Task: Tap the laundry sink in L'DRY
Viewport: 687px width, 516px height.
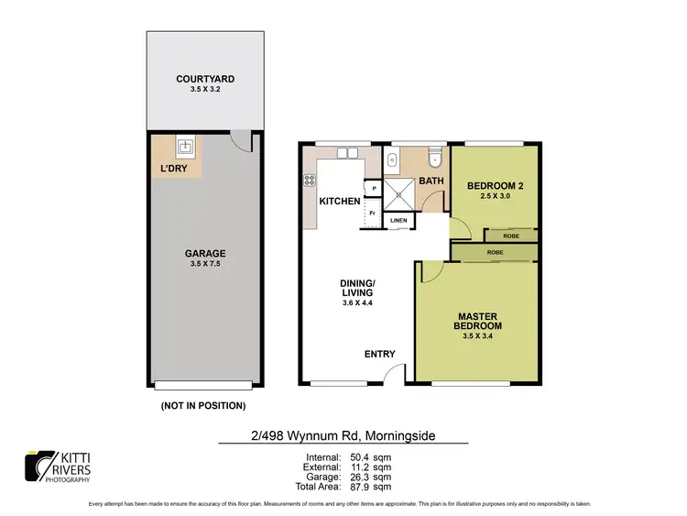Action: point(184,146)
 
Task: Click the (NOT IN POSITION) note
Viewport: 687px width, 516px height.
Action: point(202,405)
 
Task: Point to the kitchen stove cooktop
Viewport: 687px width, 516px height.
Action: point(310,181)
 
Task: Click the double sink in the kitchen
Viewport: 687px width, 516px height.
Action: point(346,153)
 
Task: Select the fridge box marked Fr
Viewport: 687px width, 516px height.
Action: point(372,214)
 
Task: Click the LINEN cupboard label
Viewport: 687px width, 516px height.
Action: point(398,221)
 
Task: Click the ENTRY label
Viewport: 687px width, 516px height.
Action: point(379,354)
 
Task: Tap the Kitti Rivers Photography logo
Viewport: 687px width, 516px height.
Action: point(60,466)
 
